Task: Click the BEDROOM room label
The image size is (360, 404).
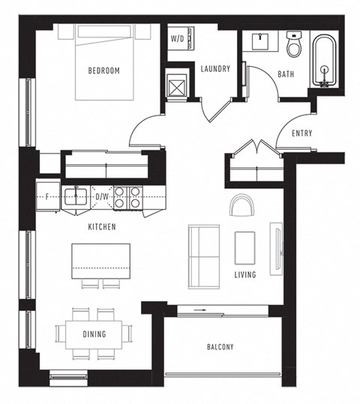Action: pyautogui.click(x=103, y=71)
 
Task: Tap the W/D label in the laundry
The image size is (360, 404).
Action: pyautogui.click(x=178, y=38)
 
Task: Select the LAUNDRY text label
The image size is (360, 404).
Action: pyautogui.click(x=214, y=70)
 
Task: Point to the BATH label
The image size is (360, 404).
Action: pyautogui.click(x=286, y=74)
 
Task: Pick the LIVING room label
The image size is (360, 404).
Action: pyautogui.click(x=244, y=275)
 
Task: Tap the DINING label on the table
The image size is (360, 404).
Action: pyautogui.click(x=94, y=334)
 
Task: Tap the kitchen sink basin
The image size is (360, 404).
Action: pyautogui.click(x=75, y=197)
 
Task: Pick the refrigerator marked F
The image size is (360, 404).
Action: pyautogui.click(x=48, y=198)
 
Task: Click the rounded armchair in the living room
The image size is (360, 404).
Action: pyautogui.click(x=242, y=205)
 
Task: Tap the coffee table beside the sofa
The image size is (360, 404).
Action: pyautogui.click(x=245, y=247)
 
